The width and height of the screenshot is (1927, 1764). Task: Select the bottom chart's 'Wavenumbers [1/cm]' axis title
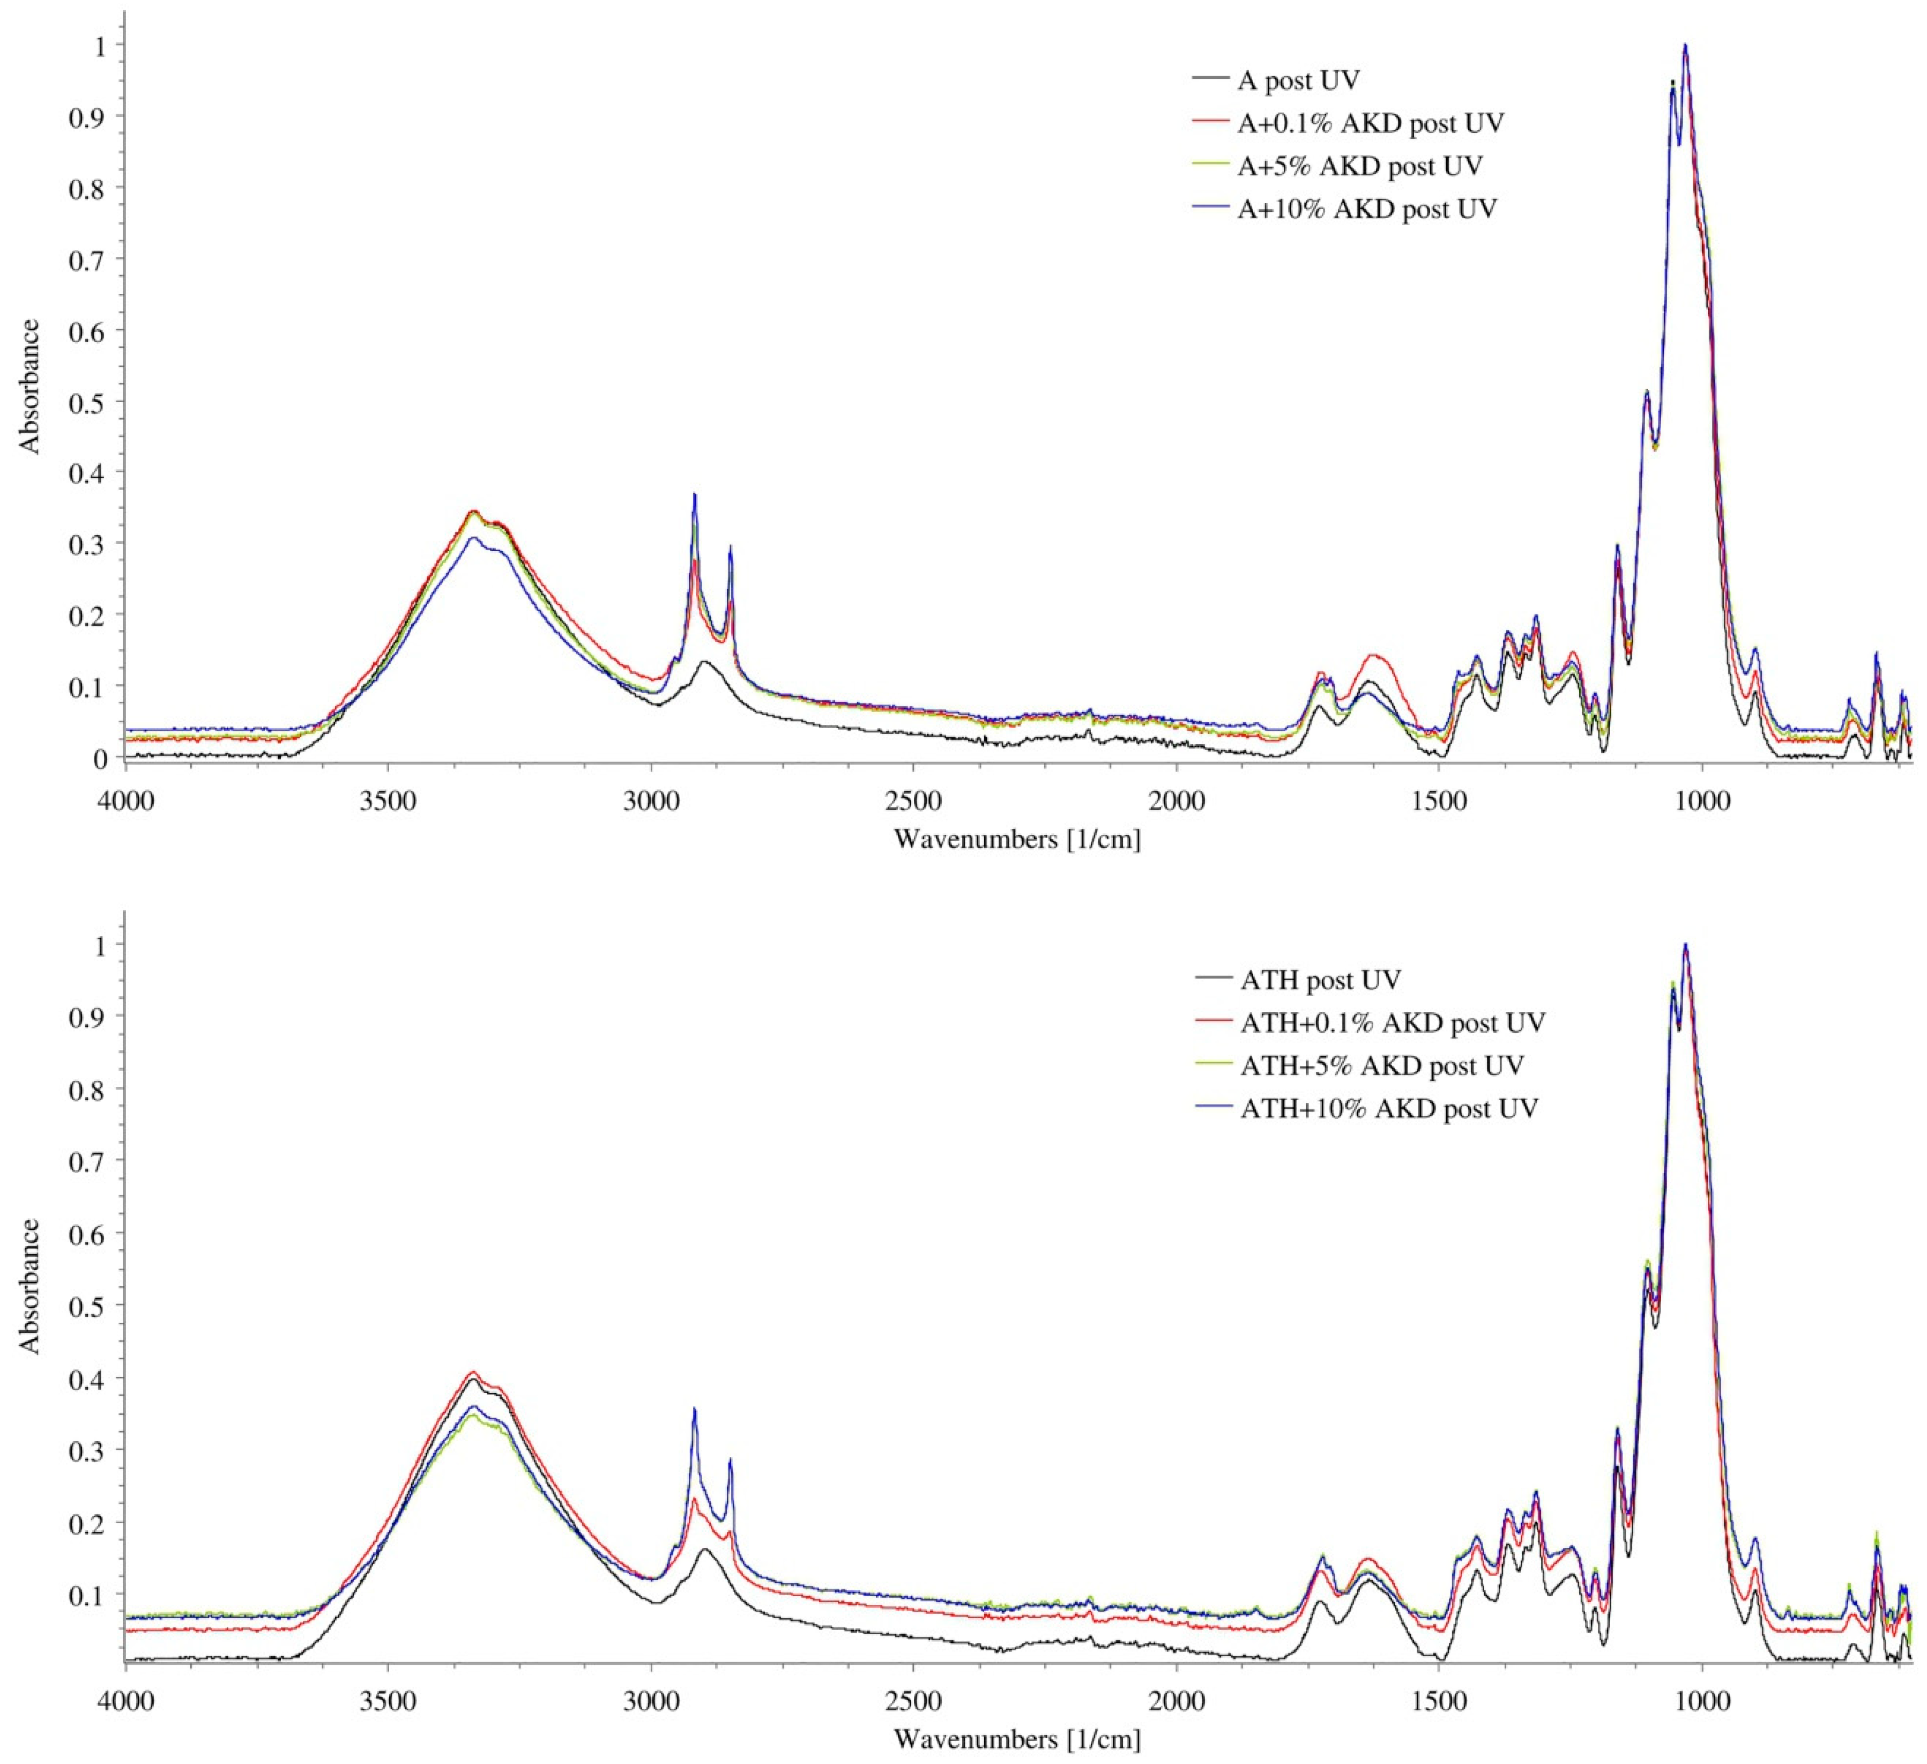pyautogui.click(x=1017, y=1738)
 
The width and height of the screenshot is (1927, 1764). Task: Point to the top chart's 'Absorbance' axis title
pyautogui.click(x=31, y=386)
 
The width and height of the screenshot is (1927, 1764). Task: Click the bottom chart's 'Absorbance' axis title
pyautogui.click(x=31, y=1286)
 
